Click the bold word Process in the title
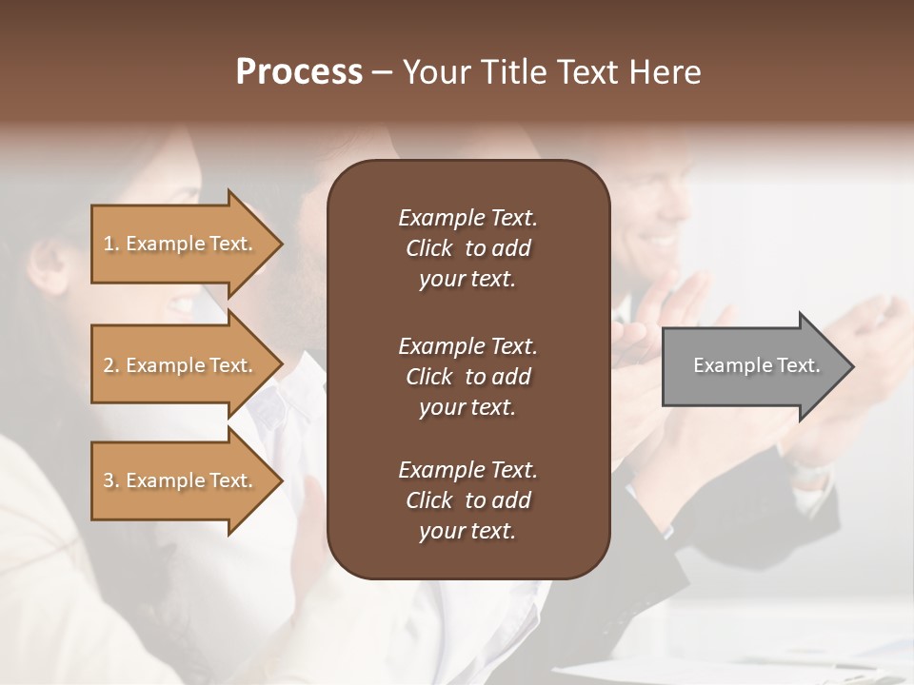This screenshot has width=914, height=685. (299, 72)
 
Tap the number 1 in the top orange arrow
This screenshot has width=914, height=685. (109, 244)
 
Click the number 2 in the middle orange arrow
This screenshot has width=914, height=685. (109, 365)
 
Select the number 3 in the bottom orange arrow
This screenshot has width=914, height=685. (109, 480)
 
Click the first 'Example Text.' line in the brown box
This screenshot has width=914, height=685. (467, 218)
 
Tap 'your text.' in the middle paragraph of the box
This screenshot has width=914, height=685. (467, 407)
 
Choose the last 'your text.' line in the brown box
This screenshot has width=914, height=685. (467, 532)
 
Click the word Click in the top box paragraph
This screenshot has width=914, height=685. (429, 248)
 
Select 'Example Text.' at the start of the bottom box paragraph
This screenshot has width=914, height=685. (467, 470)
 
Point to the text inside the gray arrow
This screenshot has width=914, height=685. (756, 365)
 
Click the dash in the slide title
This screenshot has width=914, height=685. (383, 73)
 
